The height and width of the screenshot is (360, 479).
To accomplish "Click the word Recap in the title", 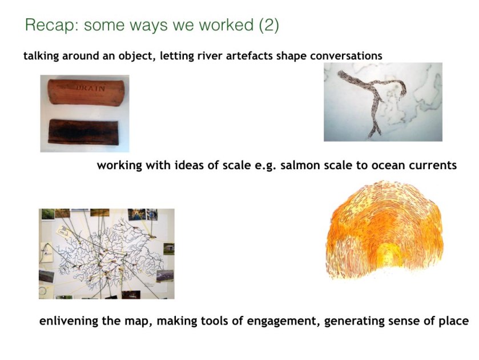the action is [52, 25].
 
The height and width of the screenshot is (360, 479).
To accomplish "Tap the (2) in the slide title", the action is [269, 25].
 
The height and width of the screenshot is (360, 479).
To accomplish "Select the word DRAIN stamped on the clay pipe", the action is [90, 89].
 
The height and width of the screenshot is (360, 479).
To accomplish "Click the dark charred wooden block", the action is [84, 132].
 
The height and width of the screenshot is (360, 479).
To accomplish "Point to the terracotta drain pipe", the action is [86, 93].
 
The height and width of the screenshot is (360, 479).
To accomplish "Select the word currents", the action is [433, 166].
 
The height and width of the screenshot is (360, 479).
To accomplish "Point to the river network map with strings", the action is [107, 254].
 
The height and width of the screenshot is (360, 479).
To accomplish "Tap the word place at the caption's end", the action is [453, 321].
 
